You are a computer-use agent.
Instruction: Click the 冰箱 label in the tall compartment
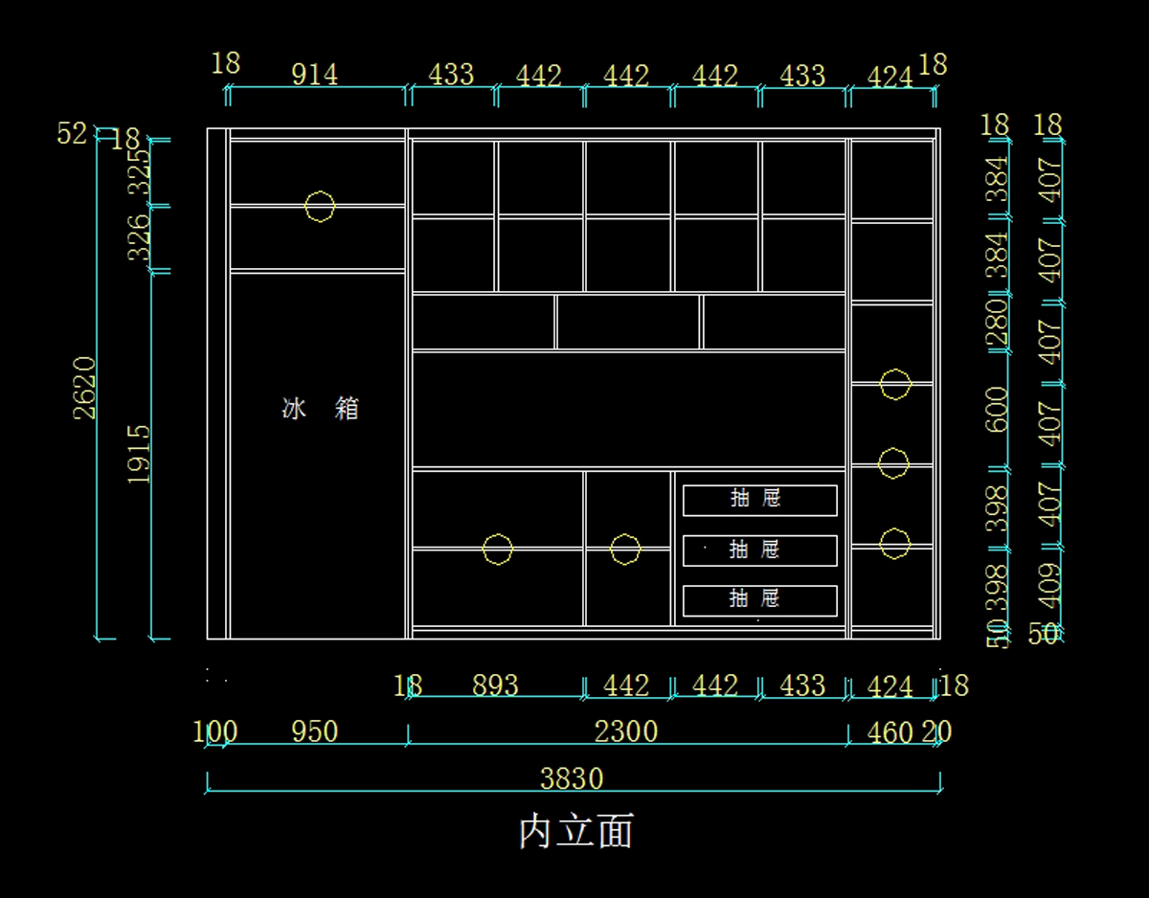point(321,409)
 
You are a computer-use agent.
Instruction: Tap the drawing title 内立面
point(575,831)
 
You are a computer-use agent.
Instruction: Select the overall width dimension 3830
point(572,778)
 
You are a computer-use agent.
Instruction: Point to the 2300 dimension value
point(626,731)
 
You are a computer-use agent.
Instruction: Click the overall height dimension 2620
point(85,387)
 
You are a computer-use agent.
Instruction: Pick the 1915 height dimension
point(139,454)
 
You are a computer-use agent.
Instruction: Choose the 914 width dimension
point(314,74)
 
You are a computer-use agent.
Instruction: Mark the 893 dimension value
point(495,685)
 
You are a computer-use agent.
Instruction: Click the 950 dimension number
point(314,731)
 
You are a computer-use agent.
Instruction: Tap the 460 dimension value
point(890,732)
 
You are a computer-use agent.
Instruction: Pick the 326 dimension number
point(140,236)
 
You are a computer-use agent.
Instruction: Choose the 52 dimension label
point(72,134)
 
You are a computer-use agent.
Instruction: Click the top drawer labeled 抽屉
point(759,500)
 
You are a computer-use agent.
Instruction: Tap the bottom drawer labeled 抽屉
point(759,600)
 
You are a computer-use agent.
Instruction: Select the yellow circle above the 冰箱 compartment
point(320,206)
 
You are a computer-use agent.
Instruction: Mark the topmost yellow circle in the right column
point(894,384)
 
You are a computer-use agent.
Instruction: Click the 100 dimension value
point(214,731)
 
